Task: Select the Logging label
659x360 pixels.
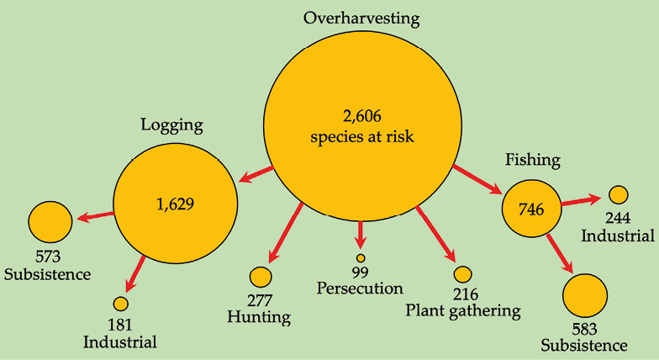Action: click(x=171, y=126)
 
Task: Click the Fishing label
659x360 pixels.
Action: click(x=532, y=160)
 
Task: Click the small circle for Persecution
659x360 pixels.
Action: click(x=361, y=258)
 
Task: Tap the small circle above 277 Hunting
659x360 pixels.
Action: click(x=261, y=277)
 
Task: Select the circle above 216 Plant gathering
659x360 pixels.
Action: click(x=462, y=274)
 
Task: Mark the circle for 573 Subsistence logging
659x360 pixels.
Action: click(x=50, y=222)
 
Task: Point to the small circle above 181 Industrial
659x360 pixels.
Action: click(x=120, y=304)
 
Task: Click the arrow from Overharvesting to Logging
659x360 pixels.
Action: click(x=256, y=174)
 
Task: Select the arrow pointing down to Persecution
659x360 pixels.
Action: click(x=361, y=232)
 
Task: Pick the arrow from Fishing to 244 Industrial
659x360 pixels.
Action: click(x=580, y=200)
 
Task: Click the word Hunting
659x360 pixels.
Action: click(x=259, y=317)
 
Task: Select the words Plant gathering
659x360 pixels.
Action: click(x=463, y=310)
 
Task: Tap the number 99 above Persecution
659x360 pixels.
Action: click(x=361, y=273)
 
